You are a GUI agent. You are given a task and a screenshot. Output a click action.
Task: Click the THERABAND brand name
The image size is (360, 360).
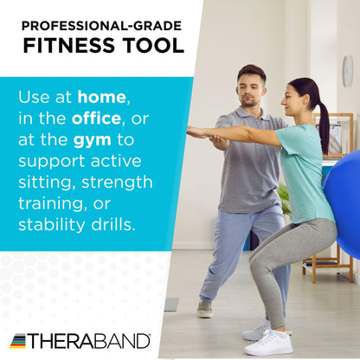[x=89, y=341]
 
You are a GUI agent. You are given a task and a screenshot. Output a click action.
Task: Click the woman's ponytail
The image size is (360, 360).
[x=323, y=121]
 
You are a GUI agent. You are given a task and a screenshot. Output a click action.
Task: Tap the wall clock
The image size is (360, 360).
[x=347, y=72]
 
